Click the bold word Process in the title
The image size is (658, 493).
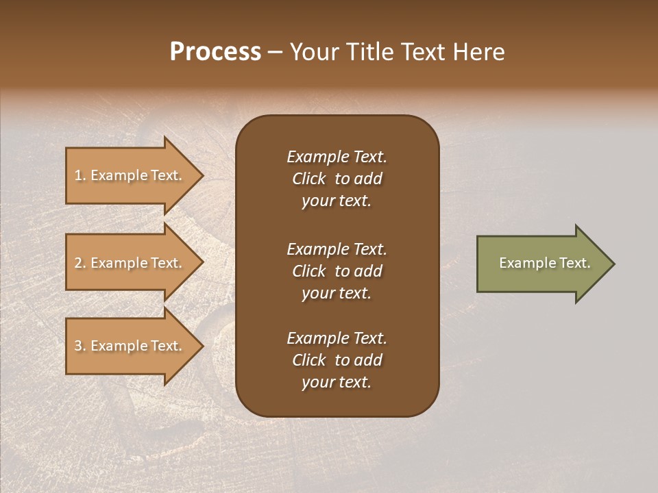click(x=215, y=52)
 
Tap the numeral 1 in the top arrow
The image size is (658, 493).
click(x=78, y=175)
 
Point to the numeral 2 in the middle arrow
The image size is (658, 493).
click(x=78, y=263)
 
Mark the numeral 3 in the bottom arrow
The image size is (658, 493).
click(x=78, y=346)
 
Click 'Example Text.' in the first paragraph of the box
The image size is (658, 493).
click(x=337, y=157)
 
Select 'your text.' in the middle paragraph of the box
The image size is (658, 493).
click(x=336, y=293)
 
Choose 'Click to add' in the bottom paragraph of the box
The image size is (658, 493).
click(x=337, y=360)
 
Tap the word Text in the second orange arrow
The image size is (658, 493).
click(x=165, y=263)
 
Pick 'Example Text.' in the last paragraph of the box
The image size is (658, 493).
click(x=337, y=338)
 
